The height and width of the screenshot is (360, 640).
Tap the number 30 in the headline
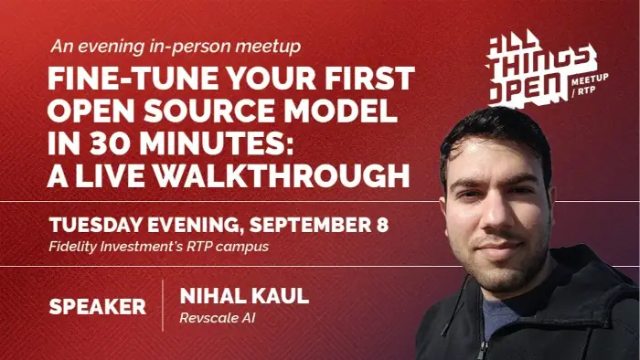112,143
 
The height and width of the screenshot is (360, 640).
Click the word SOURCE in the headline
209,111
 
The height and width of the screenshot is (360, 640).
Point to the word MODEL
341,111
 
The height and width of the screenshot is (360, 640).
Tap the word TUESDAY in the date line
96,225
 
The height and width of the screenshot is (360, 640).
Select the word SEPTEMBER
309,225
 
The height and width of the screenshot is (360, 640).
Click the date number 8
383,225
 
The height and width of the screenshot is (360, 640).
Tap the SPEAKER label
98,307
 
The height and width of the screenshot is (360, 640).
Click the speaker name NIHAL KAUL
244,296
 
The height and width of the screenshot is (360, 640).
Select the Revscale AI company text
218,318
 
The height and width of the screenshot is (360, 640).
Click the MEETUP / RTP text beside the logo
590,85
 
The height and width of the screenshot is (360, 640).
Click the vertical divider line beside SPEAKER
163,305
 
